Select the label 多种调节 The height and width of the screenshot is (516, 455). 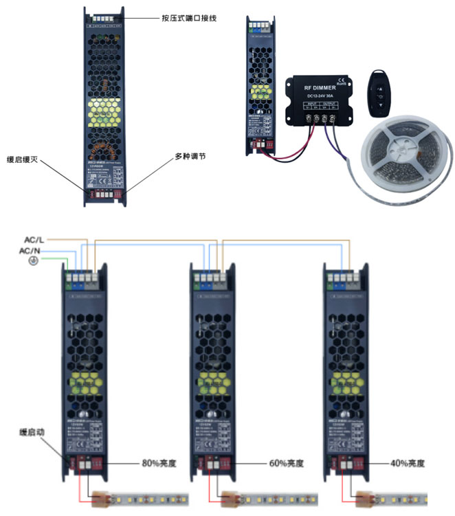(190, 156)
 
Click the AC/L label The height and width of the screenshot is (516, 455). (35, 239)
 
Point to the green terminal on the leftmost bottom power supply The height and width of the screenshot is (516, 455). (70, 279)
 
